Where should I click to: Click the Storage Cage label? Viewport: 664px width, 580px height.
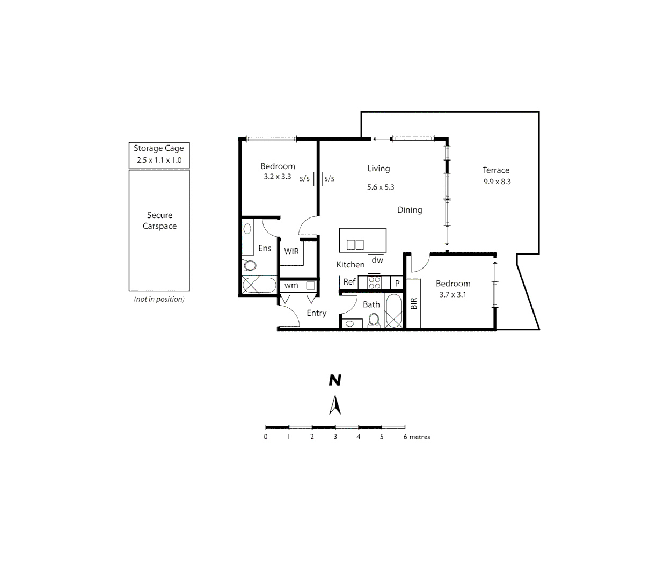pyautogui.click(x=158, y=148)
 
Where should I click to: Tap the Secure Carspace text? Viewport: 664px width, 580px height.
pyautogui.click(x=159, y=221)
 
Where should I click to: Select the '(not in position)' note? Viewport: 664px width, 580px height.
pyautogui.click(x=159, y=299)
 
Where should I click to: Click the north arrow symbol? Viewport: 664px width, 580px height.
pyautogui.click(x=335, y=405)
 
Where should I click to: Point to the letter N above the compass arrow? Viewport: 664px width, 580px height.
pyautogui.click(x=335, y=380)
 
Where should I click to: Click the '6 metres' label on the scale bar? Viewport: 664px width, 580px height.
pyautogui.click(x=417, y=437)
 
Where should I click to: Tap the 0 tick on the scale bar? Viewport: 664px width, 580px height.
pyautogui.click(x=266, y=436)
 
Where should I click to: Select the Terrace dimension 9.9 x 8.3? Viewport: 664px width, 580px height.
pyautogui.click(x=497, y=182)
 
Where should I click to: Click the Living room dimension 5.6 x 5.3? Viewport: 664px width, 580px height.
pyautogui.click(x=381, y=187)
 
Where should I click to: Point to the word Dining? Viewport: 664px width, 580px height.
pyautogui.click(x=410, y=210)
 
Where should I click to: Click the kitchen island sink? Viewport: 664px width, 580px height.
pyautogui.click(x=355, y=244)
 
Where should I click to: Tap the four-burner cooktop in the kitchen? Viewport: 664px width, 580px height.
pyautogui.click(x=374, y=282)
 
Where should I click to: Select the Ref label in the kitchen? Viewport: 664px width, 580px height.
pyautogui.click(x=349, y=281)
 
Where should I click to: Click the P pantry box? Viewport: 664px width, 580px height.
pyautogui.click(x=397, y=283)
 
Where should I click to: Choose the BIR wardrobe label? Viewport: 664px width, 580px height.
pyautogui.click(x=413, y=304)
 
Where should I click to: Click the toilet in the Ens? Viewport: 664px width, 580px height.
pyautogui.click(x=249, y=265)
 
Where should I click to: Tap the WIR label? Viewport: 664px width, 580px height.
pyautogui.click(x=291, y=251)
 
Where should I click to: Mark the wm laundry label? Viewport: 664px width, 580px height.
pyautogui.click(x=291, y=285)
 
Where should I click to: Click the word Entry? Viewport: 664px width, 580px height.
pyautogui.click(x=316, y=313)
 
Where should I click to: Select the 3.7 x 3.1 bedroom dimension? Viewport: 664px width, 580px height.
pyautogui.click(x=453, y=294)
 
